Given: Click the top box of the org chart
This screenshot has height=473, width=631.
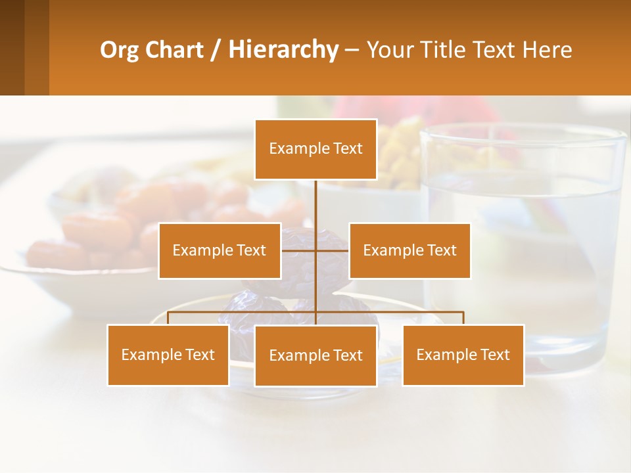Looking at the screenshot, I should tap(315, 149).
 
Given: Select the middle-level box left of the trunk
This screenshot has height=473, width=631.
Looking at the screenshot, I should tap(219, 251).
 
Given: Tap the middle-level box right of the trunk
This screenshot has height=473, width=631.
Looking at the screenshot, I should tap(409, 251).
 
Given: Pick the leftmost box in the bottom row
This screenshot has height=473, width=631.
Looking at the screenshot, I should tap(168, 355).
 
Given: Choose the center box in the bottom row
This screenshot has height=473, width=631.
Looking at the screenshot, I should tap(315, 356).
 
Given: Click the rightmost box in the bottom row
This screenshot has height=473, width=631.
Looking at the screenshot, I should tap(463, 355).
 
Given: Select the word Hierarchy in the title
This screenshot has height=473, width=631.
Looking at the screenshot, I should tap(283, 50).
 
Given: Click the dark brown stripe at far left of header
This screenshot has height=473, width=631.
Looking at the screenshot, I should tap(12, 47).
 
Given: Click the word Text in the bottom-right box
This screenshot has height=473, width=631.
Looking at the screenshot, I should tap(494, 355).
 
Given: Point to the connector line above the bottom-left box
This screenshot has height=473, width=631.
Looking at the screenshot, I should tap(168, 319).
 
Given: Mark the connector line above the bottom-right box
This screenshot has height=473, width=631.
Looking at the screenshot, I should tap(463, 319).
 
